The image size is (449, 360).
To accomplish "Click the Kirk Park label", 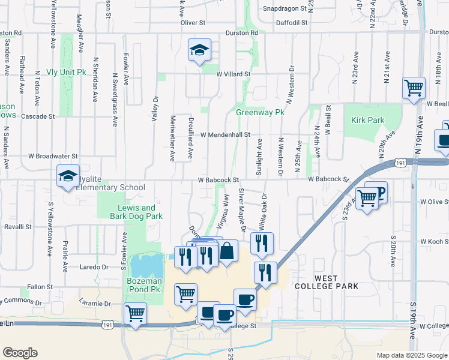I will pyautogui.click(x=367, y=121).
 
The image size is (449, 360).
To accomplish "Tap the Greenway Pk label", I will pyautogui.click(x=259, y=112).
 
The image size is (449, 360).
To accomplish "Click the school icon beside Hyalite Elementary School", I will pyautogui.click(x=67, y=177).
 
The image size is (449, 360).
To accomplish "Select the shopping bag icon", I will pyautogui.click(x=227, y=251).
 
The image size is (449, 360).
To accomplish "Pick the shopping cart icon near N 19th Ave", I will pyautogui.click(x=414, y=89).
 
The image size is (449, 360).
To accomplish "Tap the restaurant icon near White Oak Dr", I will pyautogui.click(x=262, y=244).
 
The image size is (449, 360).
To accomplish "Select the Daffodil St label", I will pyautogui.click(x=292, y=22).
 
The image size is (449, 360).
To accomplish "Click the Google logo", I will pyautogui.click(x=20, y=353).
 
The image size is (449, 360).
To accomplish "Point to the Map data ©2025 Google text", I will pyautogui.click(x=411, y=355).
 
